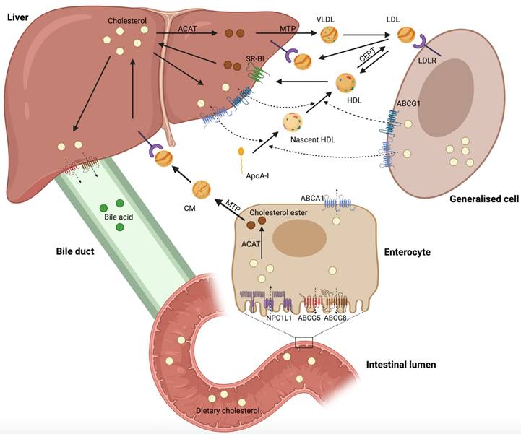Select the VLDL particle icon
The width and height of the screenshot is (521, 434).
tap(329, 33)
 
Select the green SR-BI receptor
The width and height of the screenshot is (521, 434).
tap(258, 74)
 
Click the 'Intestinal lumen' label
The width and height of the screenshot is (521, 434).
tap(401, 365)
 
